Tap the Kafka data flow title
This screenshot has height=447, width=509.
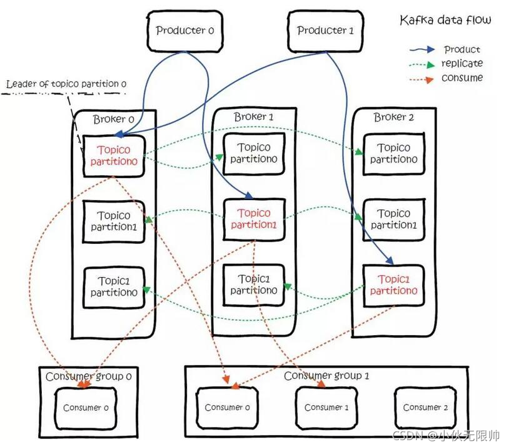[x=445, y=21]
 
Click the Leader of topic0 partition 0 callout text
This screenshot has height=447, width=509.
[x=66, y=84]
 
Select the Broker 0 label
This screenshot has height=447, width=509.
[x=113, y=119]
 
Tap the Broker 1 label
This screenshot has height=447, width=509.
[x=253, y=117]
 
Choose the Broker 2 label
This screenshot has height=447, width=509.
[x=393, y=117]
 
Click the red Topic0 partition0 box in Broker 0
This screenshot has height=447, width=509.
[x=114, y=156]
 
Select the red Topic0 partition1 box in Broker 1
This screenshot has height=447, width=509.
[x=254, y=219]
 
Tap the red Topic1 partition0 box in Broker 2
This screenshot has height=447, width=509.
[x=393, y=285]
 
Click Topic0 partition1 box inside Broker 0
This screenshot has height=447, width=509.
[x=114, y=221]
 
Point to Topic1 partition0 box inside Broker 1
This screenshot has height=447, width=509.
[x=253, y=284]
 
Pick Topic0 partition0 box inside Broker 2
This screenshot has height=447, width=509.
[x=393, y=154]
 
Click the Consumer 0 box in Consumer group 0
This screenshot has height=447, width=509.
[x=86, y=408]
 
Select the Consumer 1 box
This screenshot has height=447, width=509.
[x=323, y=408]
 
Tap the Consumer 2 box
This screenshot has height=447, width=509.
[x=425, y=408]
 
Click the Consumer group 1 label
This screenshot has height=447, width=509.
[x=326, y=376]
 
